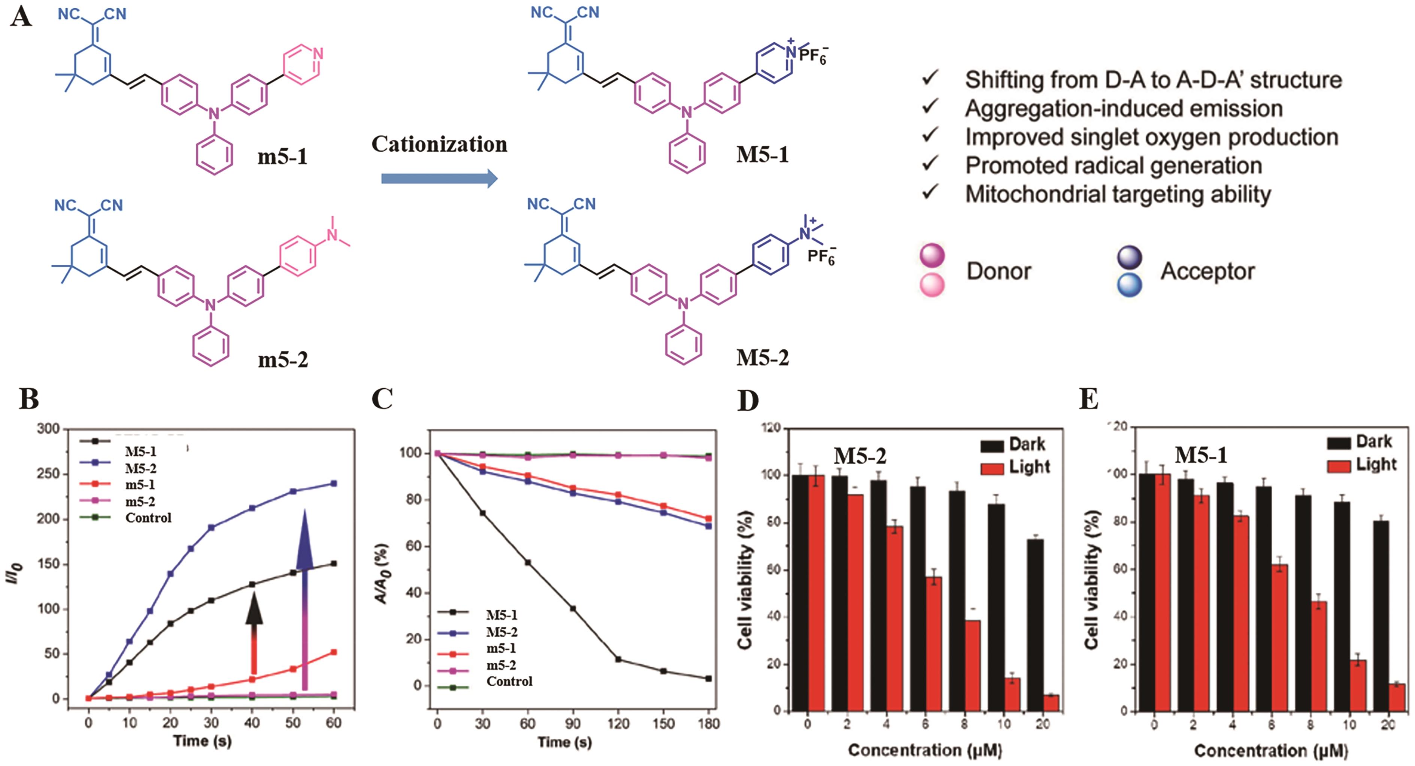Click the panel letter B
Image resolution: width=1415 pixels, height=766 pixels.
pos(28,399)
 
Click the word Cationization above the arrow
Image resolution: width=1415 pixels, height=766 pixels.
pos(439,145)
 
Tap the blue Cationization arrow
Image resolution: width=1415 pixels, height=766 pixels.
pos(439,179)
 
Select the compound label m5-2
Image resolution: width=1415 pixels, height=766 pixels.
pos(283,360)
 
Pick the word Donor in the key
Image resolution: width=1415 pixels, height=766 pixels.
pos(999,271)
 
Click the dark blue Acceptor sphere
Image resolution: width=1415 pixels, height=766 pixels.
pos(1129,256)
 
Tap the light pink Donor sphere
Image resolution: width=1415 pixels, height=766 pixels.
pos(932,285)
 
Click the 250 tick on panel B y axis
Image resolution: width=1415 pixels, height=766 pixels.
pos(48,474)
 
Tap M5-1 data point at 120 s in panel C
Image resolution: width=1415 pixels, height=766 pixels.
pos(618,659)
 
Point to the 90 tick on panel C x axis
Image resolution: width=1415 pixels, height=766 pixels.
pos(573,724)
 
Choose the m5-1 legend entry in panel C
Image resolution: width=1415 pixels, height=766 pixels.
pos(501,648)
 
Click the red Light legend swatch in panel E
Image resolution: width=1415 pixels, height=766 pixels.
pos(1339,466)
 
